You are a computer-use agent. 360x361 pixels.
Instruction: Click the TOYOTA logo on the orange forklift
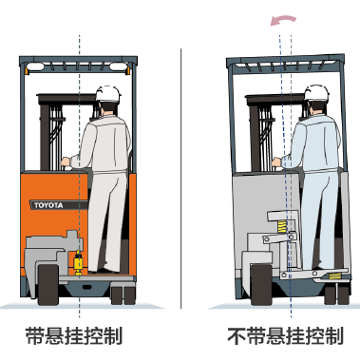[48, 205]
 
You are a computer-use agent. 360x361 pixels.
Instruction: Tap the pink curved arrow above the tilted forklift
[283, 20]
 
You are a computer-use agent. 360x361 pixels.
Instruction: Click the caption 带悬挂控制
[74, 335]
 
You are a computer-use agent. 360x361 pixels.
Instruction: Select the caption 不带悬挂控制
[285, 335]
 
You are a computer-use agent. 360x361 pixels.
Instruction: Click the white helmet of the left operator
[108, 94]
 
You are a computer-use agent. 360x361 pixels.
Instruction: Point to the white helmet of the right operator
[316, 93]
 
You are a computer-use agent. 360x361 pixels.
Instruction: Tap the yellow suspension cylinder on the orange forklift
[78, 262]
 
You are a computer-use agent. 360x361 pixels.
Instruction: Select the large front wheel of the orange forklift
[48, 285]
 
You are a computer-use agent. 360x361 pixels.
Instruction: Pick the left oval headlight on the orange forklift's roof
[35, 66]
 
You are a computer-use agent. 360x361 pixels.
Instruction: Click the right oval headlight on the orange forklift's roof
[119, 66]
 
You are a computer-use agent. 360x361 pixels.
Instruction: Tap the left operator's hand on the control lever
[66, 161]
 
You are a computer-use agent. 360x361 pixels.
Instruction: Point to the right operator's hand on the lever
[276, 162]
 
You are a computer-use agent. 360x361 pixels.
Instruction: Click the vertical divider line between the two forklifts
[181, 179]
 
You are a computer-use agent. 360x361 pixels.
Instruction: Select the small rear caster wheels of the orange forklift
[123, 295]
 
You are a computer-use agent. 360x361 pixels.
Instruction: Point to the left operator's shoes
[104, 270]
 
